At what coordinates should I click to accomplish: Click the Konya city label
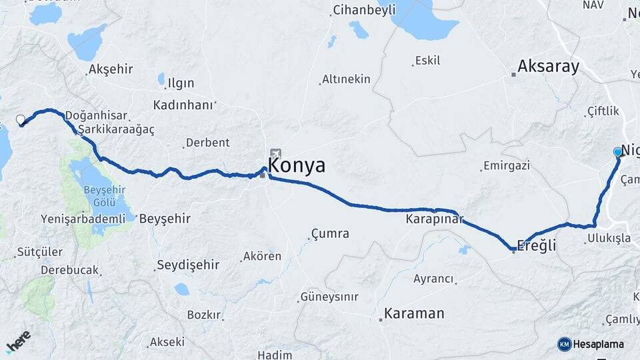pos(297,165)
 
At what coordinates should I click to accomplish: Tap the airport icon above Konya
pos(275,154)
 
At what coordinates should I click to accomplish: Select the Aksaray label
pos(549,67)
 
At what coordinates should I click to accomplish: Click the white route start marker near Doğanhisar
pos(20,120)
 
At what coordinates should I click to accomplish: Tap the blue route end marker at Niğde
pos(617,152)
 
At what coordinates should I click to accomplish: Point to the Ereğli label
pos(537,246)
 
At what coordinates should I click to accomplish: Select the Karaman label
pos(414,313)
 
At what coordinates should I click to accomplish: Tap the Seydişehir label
pos(188,265)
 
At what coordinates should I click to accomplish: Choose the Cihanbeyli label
pos(364,9)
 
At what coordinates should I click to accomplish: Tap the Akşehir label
pos(111,69)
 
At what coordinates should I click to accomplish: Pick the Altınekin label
pos(346,79)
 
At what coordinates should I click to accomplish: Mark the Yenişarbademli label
pos(83,219)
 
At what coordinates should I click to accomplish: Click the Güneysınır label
pos(329,297)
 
